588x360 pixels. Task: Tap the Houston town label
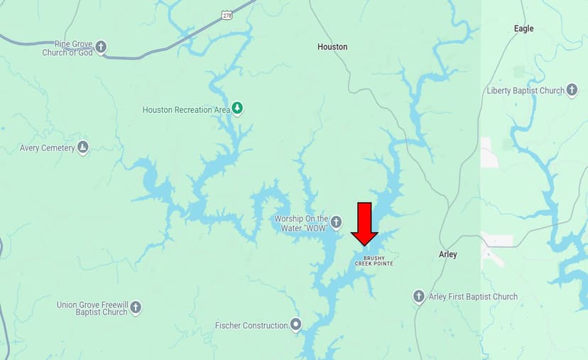(332, 47)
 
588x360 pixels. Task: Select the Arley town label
(448, 254)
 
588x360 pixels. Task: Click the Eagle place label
(523, 29)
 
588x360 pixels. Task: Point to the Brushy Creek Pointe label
(374, 261)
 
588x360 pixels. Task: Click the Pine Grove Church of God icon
(101, 48)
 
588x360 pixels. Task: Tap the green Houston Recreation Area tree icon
(238, 109)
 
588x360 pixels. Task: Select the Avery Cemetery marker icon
(83, 148)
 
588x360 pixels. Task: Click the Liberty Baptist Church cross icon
(572, 90)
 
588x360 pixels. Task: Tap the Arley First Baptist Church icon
(419, 296)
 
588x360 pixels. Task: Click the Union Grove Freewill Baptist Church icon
(136, 308)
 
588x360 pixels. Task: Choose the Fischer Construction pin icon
(295, 325)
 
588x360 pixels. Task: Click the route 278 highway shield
(227, 14)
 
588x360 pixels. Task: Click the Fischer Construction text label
(251, 326)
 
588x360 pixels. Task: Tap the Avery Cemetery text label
(47, 148)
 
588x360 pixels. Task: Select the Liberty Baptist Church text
(526, 91)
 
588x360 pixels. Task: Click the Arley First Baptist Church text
(473, 297)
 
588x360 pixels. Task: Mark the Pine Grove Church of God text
(67, 48)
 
